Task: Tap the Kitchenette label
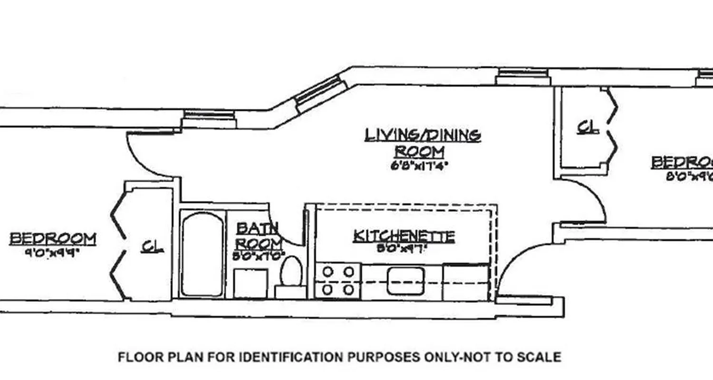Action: click(404, 236)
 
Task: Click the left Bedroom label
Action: click(53, 238)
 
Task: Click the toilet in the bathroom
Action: click(291, 272)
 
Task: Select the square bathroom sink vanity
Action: click(250, 284)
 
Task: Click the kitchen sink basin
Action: click(405, 280)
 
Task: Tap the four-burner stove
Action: click(338, 280)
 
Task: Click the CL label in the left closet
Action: click(153, 247)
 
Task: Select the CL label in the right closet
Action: click(588, 127)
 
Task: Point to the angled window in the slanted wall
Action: click(320, 95)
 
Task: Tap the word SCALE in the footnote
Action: click(540, 357)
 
